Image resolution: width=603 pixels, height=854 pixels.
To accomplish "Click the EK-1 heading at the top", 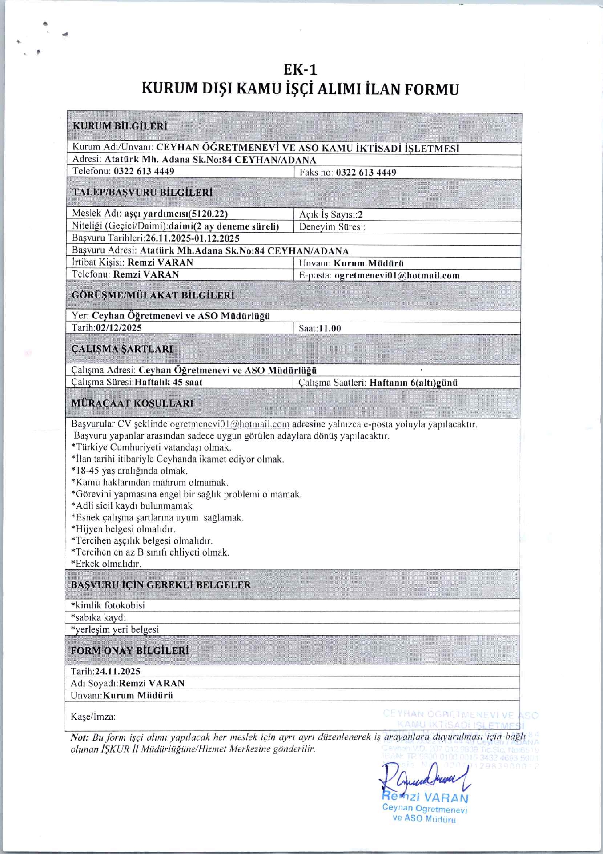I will [301, 69].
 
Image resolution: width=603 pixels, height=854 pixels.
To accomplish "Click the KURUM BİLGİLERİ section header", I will [120, 126].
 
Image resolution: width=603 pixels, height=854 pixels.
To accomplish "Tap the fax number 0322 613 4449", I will [366, 173].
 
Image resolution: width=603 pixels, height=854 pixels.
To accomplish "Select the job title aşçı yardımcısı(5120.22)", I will [176, 214].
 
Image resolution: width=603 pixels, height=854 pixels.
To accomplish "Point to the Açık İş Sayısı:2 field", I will [331, 215].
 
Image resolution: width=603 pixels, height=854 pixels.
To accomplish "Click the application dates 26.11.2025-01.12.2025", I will [193, 238].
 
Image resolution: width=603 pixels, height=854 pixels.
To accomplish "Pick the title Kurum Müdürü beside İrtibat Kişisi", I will [369, 263].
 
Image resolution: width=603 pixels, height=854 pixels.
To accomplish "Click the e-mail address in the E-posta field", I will [397, 276].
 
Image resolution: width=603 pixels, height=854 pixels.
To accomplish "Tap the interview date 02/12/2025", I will [119, 328].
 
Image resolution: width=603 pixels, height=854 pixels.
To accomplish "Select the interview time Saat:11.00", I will [320, 329].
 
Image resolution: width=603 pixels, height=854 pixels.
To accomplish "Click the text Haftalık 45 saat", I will [169, 382].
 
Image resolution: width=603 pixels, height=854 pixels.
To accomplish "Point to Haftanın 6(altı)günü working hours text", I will [414, 383].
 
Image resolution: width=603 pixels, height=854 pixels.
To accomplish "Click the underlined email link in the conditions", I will [229, 424].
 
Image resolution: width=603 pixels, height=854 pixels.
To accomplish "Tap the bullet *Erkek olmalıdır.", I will [106, 564].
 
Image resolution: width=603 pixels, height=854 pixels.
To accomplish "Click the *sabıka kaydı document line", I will [99, 617].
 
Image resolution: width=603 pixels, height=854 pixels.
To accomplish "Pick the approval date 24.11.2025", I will [118, 671].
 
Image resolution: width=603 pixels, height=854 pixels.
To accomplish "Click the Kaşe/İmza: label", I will [93, 717].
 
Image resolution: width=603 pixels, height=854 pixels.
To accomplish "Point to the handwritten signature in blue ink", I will [425, 778].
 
